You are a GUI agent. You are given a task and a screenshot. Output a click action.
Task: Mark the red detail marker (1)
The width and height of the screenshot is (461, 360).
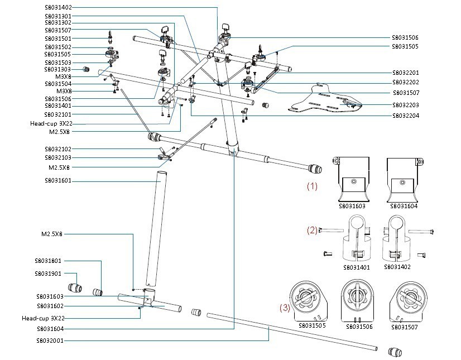[312, 186]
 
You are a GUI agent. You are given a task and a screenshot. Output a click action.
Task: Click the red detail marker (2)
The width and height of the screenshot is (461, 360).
[312, 229]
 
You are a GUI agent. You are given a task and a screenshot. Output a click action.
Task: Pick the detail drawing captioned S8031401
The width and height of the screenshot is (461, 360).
[357, 243]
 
